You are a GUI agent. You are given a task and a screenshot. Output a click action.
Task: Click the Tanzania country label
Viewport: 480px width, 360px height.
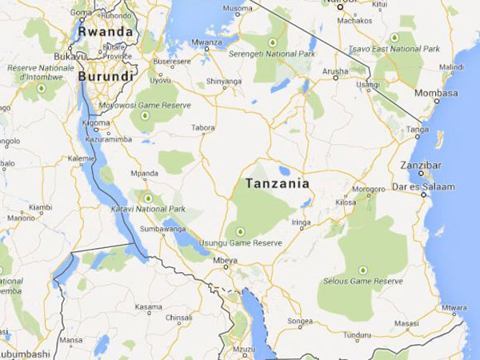tap(277, 183)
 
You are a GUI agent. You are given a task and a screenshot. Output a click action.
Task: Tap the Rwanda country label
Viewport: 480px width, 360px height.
tap(105, 31)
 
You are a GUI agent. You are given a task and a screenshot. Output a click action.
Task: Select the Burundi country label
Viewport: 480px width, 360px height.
tap(105, 77)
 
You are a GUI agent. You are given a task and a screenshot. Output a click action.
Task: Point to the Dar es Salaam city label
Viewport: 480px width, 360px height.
tap(426, 186)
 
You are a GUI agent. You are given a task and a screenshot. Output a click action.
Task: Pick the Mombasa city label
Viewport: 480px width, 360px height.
tap(436, 93)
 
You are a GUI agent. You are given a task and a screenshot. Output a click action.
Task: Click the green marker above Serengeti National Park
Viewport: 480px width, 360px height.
tap(272, 41)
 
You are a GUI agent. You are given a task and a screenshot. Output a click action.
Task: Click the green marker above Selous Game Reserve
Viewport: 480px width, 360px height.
tap(362, 270)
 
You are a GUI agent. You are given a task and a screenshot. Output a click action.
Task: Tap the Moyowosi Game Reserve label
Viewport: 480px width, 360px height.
tap(144, 105)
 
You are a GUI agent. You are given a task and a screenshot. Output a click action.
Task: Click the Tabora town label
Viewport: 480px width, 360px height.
tap(203, 127)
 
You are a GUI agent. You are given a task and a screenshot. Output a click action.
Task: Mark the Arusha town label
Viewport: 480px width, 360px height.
tap(334, 71)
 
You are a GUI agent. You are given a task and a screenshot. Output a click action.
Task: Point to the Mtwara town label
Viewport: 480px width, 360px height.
tap(454, 307)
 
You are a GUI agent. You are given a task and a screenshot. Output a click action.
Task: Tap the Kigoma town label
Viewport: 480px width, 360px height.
tap(96, 123)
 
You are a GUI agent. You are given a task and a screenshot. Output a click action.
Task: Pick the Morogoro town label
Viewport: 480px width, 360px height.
tap(369, 190)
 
